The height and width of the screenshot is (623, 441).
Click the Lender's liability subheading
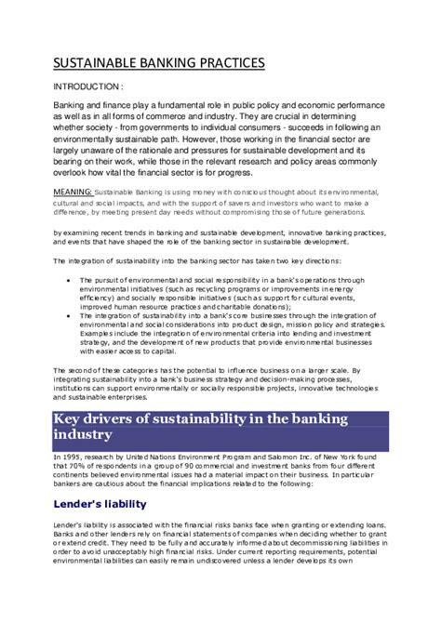[100, 503]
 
